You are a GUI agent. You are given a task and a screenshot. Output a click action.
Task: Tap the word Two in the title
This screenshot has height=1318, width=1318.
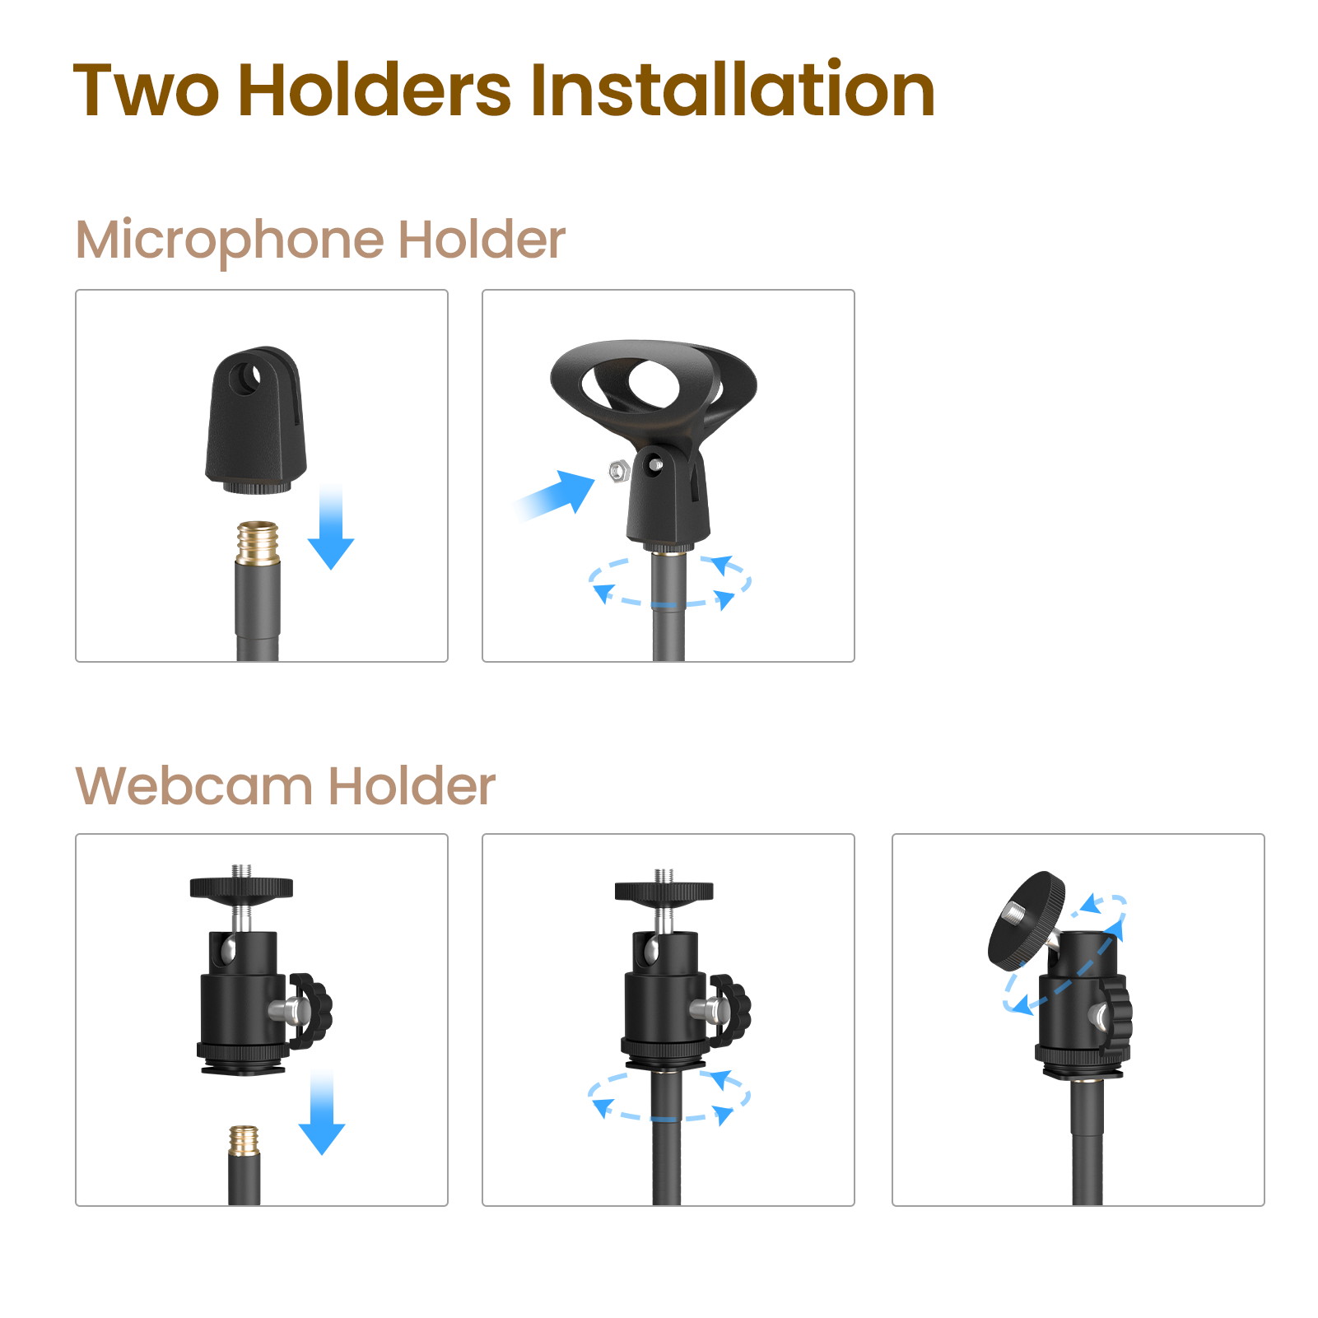point(147,91)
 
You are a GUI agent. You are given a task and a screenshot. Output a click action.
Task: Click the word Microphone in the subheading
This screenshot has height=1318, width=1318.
point(230,241)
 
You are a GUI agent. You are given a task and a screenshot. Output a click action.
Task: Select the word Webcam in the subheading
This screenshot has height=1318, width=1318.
point(194,786)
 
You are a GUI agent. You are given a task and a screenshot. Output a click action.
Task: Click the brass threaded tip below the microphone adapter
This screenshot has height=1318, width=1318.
point(258,542)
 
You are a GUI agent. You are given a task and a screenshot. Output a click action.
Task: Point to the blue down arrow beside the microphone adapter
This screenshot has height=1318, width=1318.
point(331,528)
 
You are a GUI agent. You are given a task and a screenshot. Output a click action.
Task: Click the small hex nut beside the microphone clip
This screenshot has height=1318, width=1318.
point(618,472)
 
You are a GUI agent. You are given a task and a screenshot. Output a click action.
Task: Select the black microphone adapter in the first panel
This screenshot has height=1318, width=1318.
point(256,421)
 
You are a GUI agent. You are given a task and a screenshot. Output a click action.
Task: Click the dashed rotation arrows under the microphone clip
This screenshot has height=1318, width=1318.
point(669,582)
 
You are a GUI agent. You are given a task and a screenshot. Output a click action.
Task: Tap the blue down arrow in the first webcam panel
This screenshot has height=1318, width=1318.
point(322,1113)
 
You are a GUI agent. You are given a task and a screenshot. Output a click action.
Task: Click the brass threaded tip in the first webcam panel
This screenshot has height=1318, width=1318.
point(244,1141)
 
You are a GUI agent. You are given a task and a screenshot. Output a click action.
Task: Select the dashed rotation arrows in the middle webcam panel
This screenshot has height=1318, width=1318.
point(668,1096)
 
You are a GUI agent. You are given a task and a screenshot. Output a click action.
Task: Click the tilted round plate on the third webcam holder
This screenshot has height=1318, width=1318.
point(1026,917)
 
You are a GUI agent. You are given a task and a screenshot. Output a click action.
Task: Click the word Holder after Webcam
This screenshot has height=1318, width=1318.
point(412,786)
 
